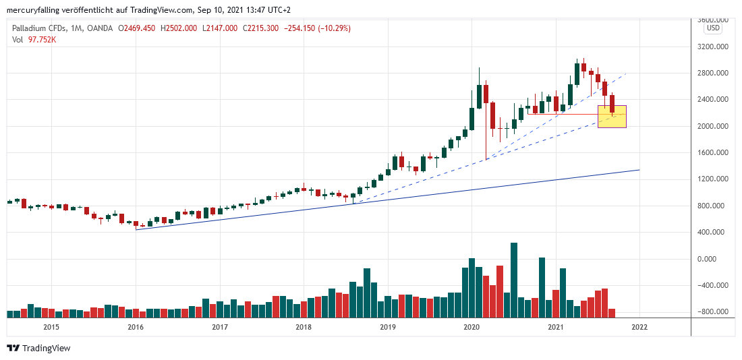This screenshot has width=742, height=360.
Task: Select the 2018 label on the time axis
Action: click(304, 327)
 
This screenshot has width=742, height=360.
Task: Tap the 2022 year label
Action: click(639, 327)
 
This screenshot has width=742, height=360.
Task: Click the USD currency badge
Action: click(712, 28)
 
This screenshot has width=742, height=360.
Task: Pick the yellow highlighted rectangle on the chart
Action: click(612, 117)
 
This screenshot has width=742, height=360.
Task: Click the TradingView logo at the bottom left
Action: click(38, 348)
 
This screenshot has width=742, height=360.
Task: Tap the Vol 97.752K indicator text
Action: click(34, 40)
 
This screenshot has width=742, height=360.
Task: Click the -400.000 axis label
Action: click(713, 285)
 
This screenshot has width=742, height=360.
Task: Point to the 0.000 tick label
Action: click(717, 259)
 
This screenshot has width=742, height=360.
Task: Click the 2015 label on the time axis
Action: click(51, 327)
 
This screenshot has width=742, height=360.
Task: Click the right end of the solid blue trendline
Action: click(639, 170)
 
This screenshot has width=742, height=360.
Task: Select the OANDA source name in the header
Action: click(101, 28)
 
